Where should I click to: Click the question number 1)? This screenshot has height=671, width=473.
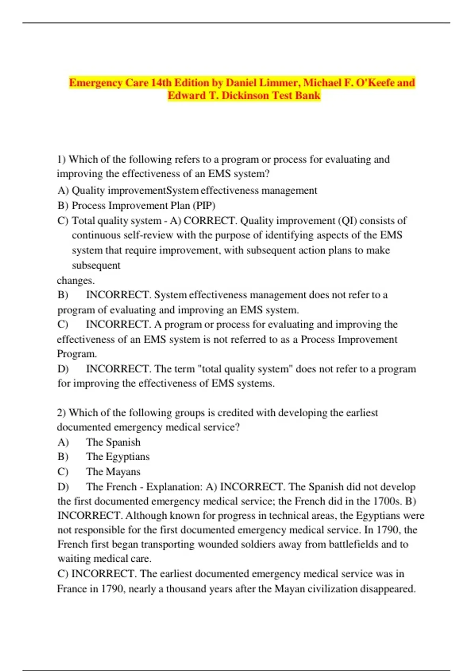pos(61,159)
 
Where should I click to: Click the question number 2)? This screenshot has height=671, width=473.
pos(61,413)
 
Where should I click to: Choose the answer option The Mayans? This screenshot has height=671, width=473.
pos(113,472)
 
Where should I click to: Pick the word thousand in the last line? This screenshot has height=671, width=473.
pos(186,589)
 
